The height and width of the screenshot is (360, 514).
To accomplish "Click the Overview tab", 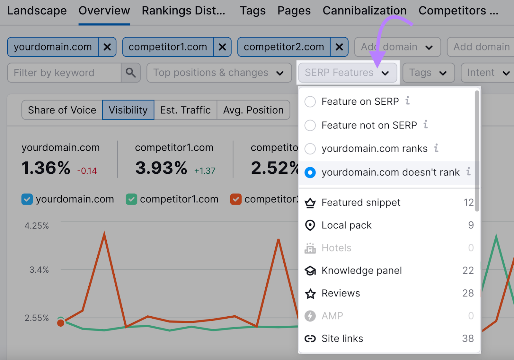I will tap(104, 11).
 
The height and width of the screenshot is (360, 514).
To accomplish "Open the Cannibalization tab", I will tap(364, 11).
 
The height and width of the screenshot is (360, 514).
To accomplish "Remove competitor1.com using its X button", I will tap(222, 47).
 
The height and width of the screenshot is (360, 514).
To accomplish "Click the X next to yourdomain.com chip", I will tap(107, 47).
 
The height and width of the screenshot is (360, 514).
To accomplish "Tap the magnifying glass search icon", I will tap(131, 73).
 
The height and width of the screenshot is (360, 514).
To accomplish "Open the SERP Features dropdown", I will tap(347, 73).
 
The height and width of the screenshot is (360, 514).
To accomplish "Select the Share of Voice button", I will tap(62, 110).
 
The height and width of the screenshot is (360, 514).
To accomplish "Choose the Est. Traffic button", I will tap(185, 110).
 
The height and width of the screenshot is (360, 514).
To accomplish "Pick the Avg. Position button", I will tap(253, 110).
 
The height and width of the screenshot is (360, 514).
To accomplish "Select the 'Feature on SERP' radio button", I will tap(310, 102).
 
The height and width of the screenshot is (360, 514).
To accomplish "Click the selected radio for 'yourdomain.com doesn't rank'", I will tap(310, 173).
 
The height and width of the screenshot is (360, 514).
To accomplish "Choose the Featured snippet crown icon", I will tap(310, 203).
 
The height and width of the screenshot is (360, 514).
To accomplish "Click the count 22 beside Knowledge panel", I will tap(468, 270).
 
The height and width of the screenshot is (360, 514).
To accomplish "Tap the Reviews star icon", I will tap(310, 294).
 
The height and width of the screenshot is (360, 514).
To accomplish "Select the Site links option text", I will tap(342, 338).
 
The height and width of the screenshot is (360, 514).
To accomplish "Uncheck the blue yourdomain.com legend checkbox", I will tap(27, 199).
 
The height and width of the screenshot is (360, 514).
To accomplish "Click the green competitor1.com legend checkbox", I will tap(131, 199).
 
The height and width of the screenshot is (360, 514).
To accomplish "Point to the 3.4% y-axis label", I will tap(39, 270).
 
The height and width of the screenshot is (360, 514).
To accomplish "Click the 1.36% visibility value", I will tap(46, 168).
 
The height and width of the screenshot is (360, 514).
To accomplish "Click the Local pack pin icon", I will tap(310, 225).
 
